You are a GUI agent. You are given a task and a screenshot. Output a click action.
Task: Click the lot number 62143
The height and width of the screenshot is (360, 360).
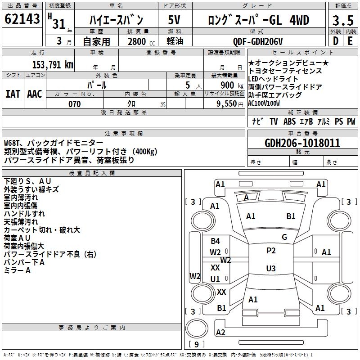22,19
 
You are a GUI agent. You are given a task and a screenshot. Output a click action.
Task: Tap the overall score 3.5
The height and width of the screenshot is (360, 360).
343,20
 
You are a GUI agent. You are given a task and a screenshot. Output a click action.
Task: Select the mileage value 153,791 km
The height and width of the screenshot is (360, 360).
53,65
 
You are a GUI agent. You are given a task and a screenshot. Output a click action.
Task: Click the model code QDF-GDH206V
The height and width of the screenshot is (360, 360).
258,41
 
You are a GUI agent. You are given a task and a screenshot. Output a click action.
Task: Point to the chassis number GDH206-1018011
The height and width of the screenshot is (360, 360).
302,143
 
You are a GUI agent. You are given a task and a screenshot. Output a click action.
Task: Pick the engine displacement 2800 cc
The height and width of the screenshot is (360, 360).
141,41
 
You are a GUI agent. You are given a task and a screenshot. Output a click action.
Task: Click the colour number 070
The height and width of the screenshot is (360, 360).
75,104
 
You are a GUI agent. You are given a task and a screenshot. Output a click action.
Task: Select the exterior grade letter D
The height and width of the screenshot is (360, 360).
336,41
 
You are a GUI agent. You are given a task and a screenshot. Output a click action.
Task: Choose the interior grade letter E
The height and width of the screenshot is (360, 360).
350,41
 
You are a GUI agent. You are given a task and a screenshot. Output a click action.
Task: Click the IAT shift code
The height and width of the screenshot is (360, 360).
13,94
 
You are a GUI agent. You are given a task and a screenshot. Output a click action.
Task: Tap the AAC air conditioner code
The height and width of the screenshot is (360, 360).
35,94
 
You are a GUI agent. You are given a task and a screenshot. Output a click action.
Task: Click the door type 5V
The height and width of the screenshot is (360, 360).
174,20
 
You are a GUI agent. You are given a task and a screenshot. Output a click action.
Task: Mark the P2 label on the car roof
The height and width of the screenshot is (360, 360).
271,251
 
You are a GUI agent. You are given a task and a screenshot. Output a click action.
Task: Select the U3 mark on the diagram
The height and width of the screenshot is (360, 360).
271,268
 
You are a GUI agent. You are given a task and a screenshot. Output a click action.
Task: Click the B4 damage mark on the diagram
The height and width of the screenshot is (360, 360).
216,241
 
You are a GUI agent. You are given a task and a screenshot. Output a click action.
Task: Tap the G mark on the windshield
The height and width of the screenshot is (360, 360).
284,237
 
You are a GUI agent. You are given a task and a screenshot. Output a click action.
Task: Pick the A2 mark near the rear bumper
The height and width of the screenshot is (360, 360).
220,333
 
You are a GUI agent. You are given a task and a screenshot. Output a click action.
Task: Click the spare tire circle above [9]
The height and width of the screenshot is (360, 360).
197,328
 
